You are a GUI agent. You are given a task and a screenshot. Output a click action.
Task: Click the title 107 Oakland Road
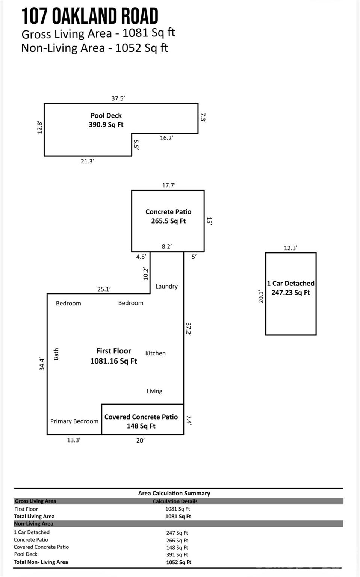tap(89, 16)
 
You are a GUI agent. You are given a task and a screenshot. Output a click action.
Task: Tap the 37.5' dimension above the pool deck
tap(118, 98)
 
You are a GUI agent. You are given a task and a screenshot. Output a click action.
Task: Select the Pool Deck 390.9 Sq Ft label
tap(106, 120)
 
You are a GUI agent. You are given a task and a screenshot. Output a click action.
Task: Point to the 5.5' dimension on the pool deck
tap(136, 145)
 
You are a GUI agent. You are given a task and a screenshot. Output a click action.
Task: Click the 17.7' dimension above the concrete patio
tap(169, 185)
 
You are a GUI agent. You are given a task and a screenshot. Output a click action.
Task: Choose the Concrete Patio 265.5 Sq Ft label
tap(168, 216)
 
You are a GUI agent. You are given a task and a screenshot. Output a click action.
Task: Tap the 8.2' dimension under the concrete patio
tap(166, 246)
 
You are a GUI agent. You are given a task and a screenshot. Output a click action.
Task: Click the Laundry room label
tap(166, 286)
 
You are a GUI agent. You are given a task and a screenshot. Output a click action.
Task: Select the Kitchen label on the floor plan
tap(155, 353)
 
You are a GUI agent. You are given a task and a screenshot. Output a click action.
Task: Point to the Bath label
tap(56, 354)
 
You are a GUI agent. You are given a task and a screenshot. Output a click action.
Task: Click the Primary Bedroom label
tap(74, 421)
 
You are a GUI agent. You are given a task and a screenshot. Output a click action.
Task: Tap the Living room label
tap(154, 391)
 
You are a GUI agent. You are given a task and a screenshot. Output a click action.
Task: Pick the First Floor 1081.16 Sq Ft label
tap(113, 356)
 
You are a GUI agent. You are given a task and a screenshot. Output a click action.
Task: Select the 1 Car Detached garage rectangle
tap(290, 294)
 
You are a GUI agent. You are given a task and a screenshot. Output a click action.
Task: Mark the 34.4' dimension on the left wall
tap(42, 364)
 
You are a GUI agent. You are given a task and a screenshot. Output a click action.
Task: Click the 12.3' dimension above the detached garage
tap(290, 248)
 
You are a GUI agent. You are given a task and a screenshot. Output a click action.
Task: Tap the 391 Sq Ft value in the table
tap(177, 554)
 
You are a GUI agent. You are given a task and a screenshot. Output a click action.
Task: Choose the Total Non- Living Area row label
tap(41, 562)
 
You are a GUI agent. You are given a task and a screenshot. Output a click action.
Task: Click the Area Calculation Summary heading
tap(174, 493)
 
